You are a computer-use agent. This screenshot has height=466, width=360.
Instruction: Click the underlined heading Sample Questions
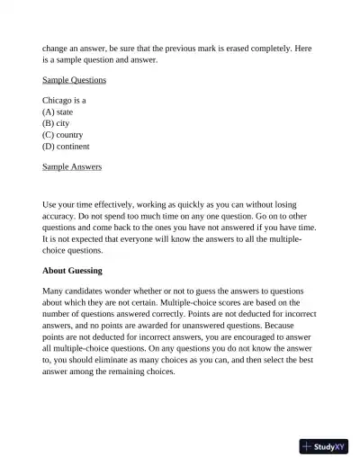point(74,80)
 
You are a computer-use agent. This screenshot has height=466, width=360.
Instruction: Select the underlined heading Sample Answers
point(72,166)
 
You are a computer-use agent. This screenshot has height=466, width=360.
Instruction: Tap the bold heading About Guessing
point(72,270)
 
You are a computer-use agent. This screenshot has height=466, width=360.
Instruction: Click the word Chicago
point(58,101)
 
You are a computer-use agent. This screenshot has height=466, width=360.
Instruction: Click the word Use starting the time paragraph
point(49,205)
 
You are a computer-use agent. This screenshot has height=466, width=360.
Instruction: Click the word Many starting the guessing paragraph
point(53,291)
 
